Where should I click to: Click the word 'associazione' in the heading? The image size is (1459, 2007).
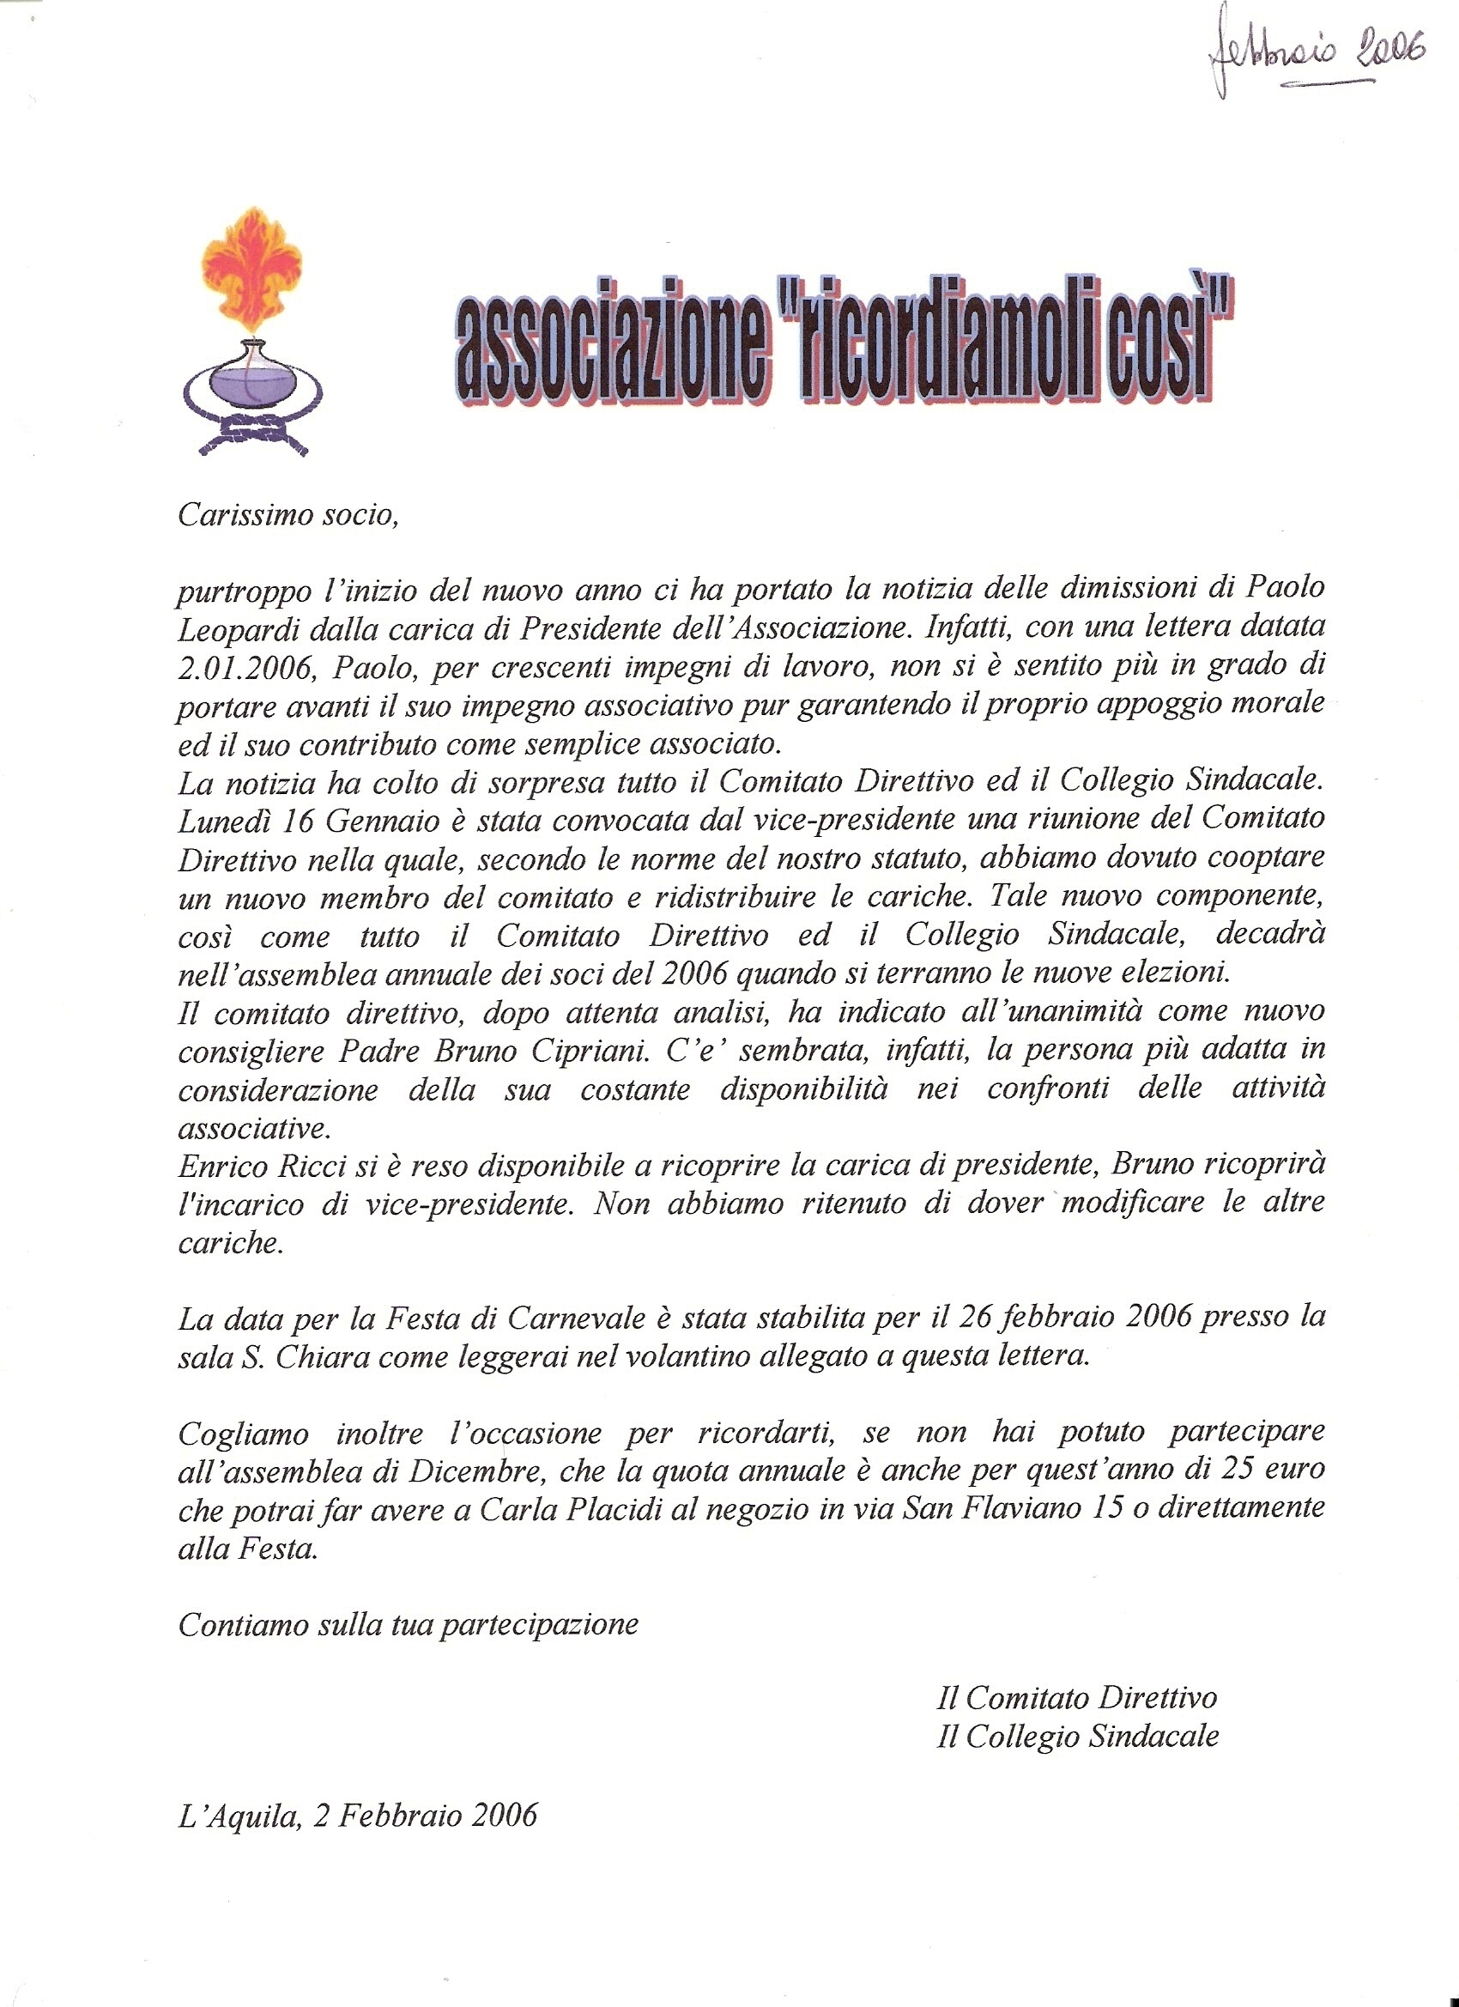click(x=608, y=351)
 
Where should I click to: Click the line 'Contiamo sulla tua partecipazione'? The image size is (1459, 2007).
click(x=408, y=1625)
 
